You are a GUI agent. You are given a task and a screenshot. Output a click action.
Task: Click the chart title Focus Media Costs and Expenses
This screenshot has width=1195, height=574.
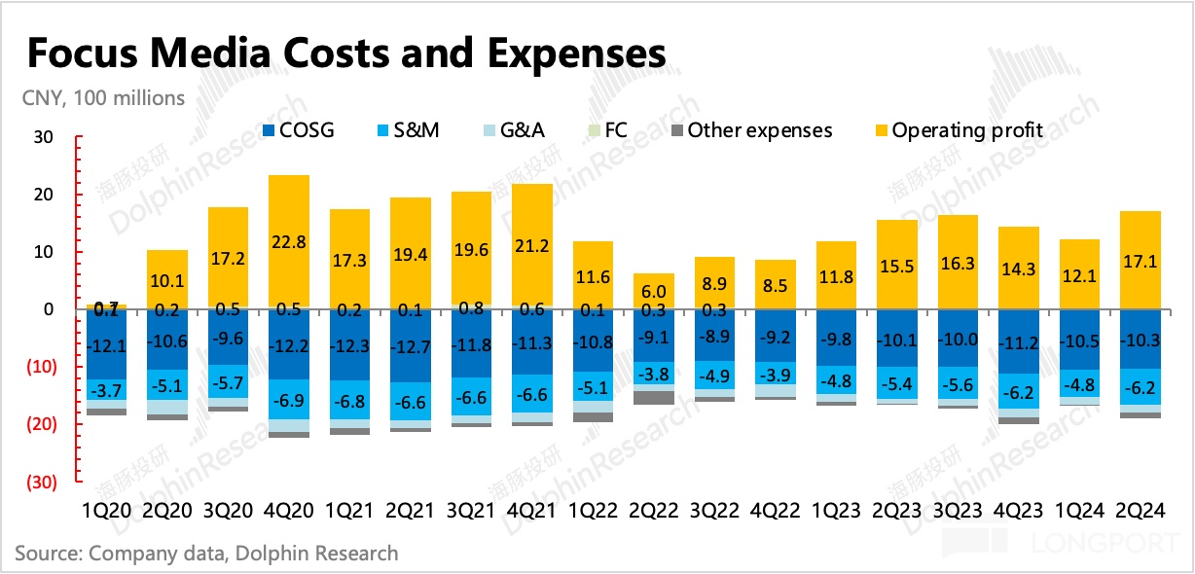[x=346, y=53]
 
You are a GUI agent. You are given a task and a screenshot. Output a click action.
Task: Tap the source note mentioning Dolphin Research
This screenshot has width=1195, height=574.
[x=206, y=553]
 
